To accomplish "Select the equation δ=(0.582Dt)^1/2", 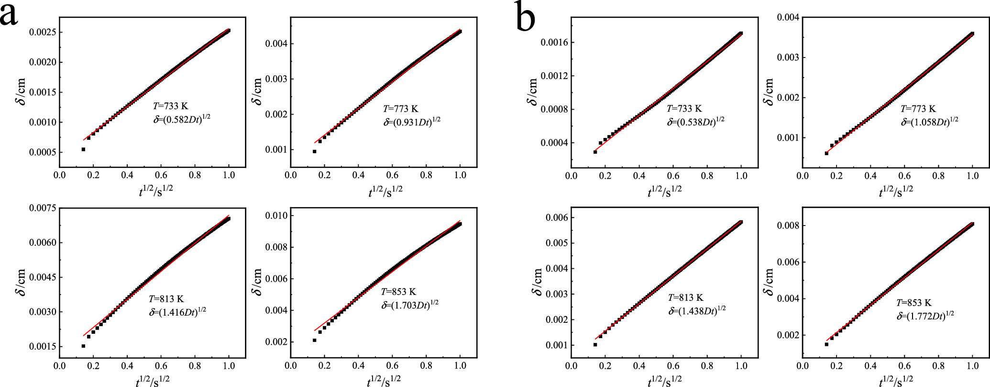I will point(182,119).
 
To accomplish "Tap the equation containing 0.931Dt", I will point(412,121).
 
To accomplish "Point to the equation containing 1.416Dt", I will point(177,311).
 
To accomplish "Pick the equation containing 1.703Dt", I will point(410,305).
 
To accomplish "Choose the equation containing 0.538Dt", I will point(696,122).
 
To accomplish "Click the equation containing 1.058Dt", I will point(929,122).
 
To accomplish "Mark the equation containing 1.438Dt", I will point(697,310).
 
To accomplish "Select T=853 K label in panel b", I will point(913,303).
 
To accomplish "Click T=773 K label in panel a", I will point(400,109).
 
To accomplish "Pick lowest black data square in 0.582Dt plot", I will point(83,149).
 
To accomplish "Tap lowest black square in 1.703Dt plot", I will point(315,340).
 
